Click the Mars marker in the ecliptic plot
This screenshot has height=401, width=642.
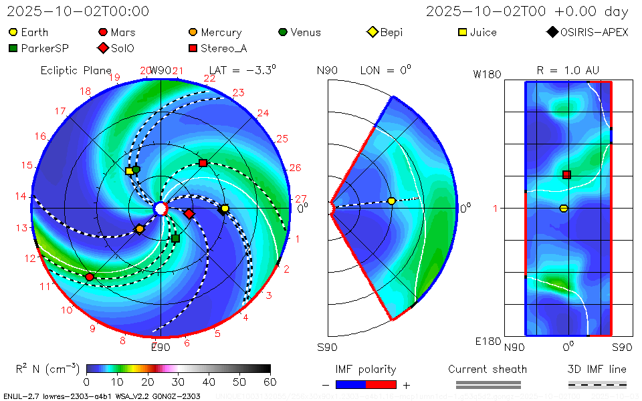tap(90, 277)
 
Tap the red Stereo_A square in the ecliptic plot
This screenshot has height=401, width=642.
tap(203, 163)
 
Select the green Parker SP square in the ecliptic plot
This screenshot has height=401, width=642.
tap(175, 239)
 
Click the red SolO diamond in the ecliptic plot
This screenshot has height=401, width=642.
tap(189, 214)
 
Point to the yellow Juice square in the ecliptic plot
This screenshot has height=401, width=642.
tap(130, 171)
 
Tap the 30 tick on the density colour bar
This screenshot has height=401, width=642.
tap(179, 382)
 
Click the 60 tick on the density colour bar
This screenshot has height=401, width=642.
tap(270, 382)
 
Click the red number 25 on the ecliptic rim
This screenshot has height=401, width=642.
tap(282, 139)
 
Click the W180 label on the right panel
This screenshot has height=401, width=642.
tap(487, 74)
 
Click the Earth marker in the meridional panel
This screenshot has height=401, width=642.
tap(392, 201)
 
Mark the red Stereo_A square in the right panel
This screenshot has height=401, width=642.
tap(566, 175)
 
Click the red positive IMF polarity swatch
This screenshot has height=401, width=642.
tap(381, 385)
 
